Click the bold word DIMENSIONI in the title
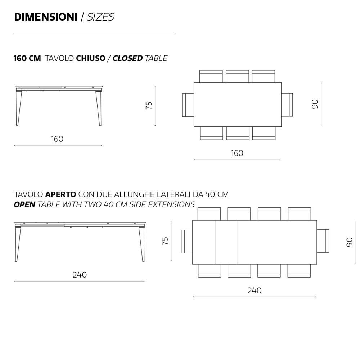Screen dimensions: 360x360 coord(45,17)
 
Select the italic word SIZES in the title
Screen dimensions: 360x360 coord(100,17)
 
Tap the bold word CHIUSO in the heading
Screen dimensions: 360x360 coord(90,58)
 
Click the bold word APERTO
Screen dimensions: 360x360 coord(60,194)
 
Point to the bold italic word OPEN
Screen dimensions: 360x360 coord(24,204)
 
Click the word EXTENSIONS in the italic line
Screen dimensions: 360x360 coord(171,204)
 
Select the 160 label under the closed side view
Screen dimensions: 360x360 coord(57,139)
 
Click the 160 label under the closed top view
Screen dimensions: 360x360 coord(237,153)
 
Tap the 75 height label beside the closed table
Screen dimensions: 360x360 coord(149,105)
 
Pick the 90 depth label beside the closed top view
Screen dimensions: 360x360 coord(315,104)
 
